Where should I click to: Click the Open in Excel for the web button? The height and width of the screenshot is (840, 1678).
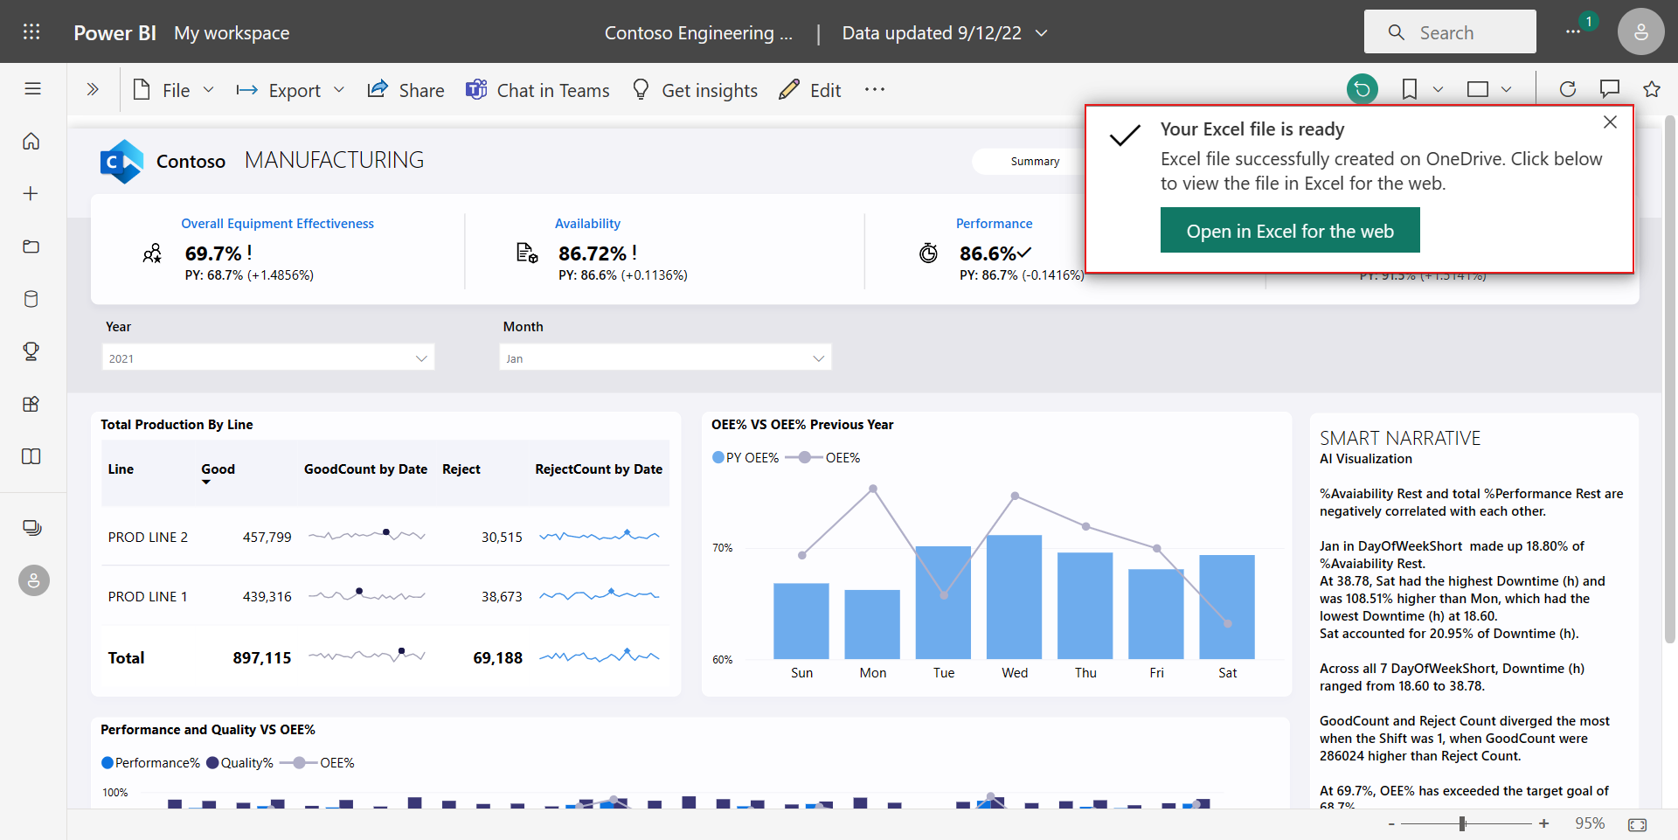[x=1289, y=231]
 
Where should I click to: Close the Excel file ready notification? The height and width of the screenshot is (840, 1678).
[x=1610, y=122]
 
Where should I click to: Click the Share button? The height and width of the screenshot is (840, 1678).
[x=406, y=90]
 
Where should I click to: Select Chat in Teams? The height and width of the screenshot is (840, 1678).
[x=537, y=90]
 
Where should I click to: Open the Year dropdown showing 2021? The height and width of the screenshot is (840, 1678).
[x=267, y=358]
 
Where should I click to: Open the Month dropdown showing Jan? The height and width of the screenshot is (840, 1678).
[x=665, y=358]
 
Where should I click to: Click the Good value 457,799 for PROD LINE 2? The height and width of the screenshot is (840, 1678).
[x=267, y=537]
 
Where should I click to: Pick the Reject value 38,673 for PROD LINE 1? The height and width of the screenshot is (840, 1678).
[x=502, y=596]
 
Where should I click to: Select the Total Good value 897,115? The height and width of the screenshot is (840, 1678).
[x=261, y=658]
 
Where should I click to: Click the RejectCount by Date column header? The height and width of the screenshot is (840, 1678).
[x=599, y=469]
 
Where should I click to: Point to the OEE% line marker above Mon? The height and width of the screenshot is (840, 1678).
[x=872, y=489]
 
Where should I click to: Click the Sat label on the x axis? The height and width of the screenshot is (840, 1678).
[x=1227, y=673]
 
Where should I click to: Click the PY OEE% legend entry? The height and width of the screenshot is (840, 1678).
[x=745, y=458]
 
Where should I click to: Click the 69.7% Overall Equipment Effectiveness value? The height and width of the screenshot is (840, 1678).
[x=213, y=253]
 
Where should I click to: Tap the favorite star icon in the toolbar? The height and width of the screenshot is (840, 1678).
[x=1651, y=89]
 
